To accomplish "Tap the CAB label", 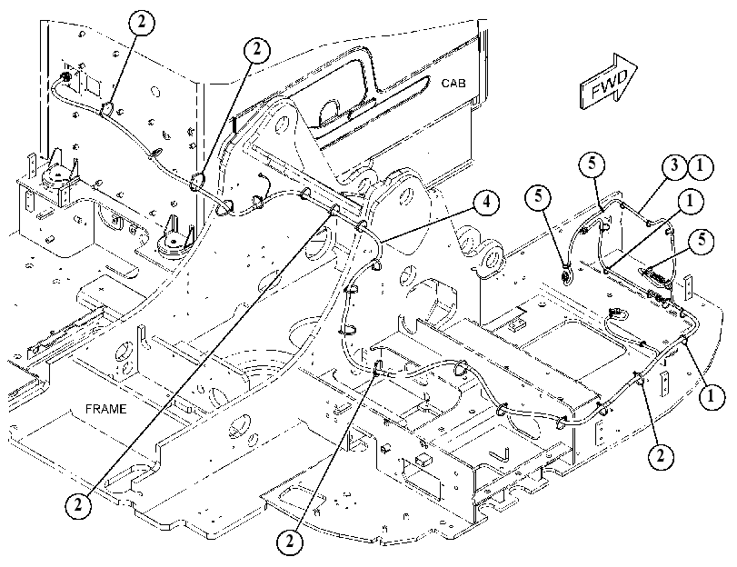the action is click(x=453, y=84).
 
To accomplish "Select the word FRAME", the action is click(x=105, y=409).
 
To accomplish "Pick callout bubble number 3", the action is click(x=675, y=166).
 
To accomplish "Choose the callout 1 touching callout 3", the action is click(x=701, y=167).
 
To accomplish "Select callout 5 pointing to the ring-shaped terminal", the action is click(x=538, y=196).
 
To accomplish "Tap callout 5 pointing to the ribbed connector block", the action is click(x=702, y=240).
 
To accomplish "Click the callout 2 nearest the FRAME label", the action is click(x=78, y=505).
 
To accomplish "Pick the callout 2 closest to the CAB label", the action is click(x=256, y=49).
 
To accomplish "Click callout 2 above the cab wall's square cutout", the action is click(x=141, y=22).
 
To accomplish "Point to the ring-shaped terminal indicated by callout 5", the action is click(x=567, y=274).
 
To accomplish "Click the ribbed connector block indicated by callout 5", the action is click(x=653, y=277).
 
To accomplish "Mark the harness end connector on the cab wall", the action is click(x=66, y=77).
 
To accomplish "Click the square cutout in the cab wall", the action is click(x=93, y=86).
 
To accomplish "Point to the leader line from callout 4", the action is click(x=429, y=224).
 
